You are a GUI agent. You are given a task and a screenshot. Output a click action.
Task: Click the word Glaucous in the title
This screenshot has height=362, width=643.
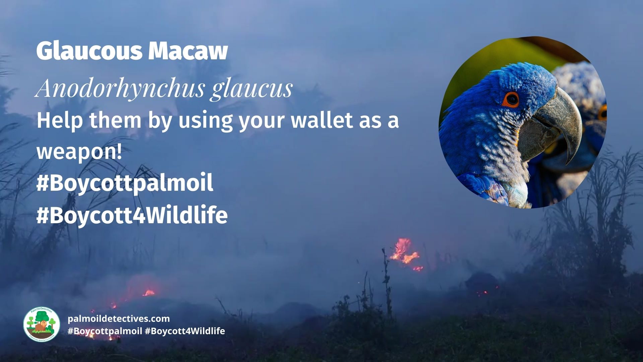[x=89, y=51]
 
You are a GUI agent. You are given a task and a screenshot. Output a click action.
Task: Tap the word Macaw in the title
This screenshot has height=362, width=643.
[x=188, y=51]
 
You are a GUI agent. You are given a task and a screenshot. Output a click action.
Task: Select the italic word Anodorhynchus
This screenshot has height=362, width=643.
[x=120, y=89]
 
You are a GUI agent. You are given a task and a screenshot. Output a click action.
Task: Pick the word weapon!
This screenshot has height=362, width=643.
[x=79, y=152]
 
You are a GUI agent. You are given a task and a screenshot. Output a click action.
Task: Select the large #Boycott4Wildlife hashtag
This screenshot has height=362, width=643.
[x=132, y=215]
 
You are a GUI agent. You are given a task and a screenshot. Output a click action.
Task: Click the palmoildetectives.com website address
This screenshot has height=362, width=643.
[x=119, y=319]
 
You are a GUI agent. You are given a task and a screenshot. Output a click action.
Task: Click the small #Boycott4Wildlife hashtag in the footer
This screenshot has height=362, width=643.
[x=185, y=331]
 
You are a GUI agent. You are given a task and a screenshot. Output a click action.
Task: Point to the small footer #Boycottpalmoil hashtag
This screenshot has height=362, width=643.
[x=105, y=331]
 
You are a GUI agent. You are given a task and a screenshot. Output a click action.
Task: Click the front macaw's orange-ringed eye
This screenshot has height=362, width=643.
[x=512, y=99]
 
